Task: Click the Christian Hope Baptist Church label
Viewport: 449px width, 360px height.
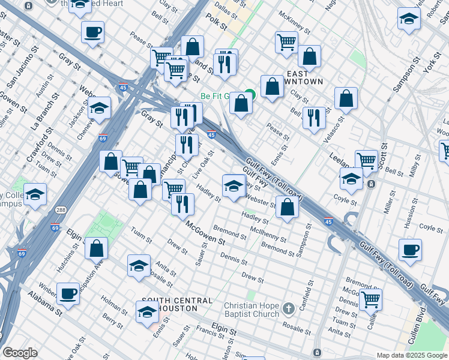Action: pyautogui.click(x=251, y=310)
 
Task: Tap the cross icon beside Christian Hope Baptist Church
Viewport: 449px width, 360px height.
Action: pyautogui.click(x=288, y=309)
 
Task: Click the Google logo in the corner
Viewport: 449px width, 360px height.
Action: pyautogui.click(x=20, y=353)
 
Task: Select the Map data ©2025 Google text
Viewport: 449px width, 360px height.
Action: pyautogui.click(x=412, y=355)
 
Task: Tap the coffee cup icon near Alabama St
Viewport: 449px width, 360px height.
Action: pyautogui.click(x=68, y=293)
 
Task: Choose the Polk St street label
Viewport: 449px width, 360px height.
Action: pyautogui.click(x=218, y=26)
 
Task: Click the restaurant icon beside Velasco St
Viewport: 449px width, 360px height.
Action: pyautogui.click(x=314, y=118)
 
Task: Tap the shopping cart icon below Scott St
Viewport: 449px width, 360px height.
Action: pyautogui.click(x=366, y=160)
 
